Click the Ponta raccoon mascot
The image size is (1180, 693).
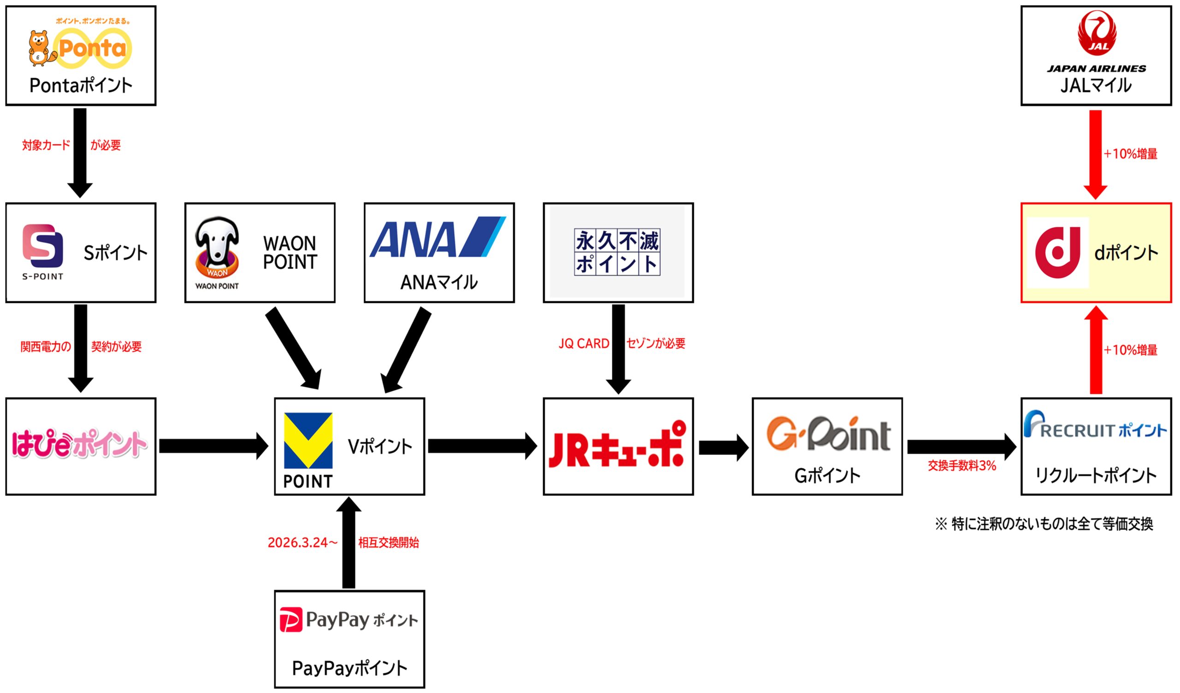[41, 48]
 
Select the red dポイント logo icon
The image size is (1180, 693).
[1057, 253]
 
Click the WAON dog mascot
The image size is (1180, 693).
[217, 249]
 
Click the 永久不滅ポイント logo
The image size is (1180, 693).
[617, 252]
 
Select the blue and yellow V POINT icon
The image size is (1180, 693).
[308, 440]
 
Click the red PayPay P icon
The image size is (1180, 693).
[291, 619]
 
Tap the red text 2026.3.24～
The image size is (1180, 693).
[302, 543]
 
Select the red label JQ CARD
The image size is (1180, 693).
[584, 344]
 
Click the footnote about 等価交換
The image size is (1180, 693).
[1044, 524]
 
